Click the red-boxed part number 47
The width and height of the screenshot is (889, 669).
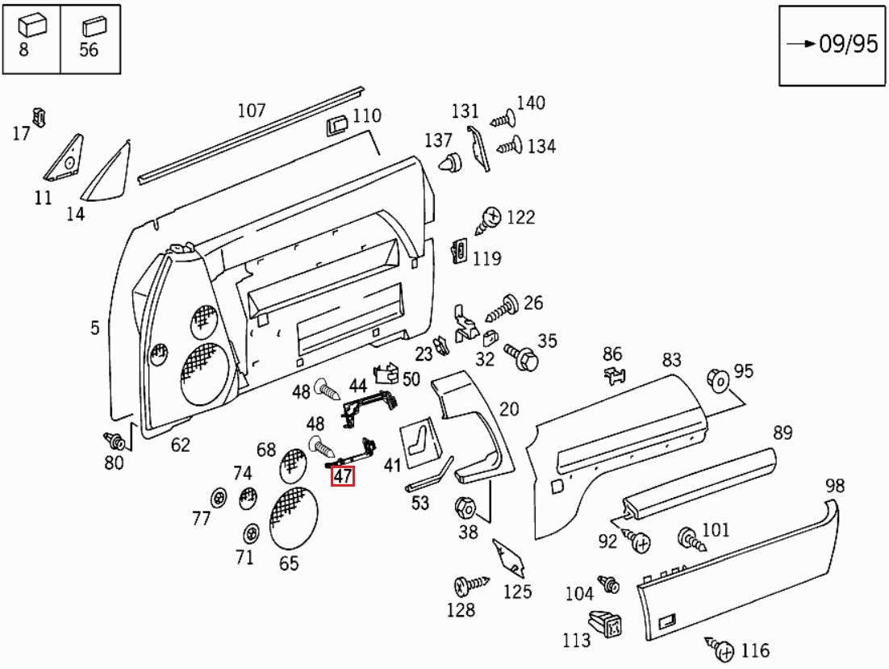click(343, 476)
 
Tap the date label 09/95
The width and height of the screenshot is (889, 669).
click(847, 44)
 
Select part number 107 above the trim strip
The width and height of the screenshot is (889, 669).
click(251, 110)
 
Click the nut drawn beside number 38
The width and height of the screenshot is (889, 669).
click(465, 508)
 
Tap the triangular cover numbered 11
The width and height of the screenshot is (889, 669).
click(66, 161)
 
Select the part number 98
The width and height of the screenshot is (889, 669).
click(835, 485)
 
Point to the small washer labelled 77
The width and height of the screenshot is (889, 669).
click(218, 498)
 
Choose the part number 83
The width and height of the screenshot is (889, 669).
click(672, 360)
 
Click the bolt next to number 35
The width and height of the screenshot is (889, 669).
click(521, 355)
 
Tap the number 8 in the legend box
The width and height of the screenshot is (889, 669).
click(24, 49)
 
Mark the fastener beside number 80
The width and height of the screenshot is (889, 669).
click(115, 441)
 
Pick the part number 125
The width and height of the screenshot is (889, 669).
click(517, 591)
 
